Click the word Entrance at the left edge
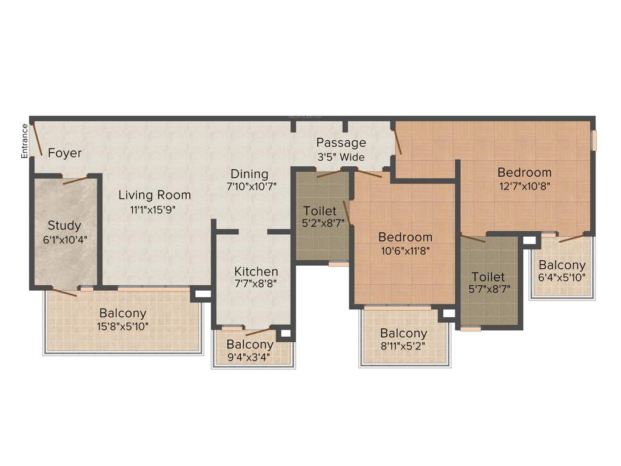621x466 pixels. pyautogui.click(x=25, y=141)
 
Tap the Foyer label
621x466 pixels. pyautogui.click(x=64, y=153)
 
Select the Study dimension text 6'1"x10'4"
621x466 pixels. pyautogui.click(x=64, y=239)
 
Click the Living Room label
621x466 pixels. pyautogui.click(x=154, y=195)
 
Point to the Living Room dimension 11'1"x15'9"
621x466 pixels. pyautogui.click(x=154, y=209)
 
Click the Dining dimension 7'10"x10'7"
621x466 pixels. pyautogui.click(x=251, y=187)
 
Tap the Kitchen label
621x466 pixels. pyautogui.click(x=256, y=271)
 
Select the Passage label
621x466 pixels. pyautogui.click(x=341, y=143)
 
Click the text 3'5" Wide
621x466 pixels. pyautogui.click(x=341, y=157)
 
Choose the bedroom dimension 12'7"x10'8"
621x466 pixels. pyautogui.click(x=524, y=186)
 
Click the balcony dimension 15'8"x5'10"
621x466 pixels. pyautogui.click(x=124, y=326)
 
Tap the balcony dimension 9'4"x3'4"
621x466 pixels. pyautogui.click(x=250, y=357)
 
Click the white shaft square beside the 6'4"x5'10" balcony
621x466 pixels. pyautogui.click(x=529, y=241)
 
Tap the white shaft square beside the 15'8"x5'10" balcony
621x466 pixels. pyautogui.click(x=202, y=294)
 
